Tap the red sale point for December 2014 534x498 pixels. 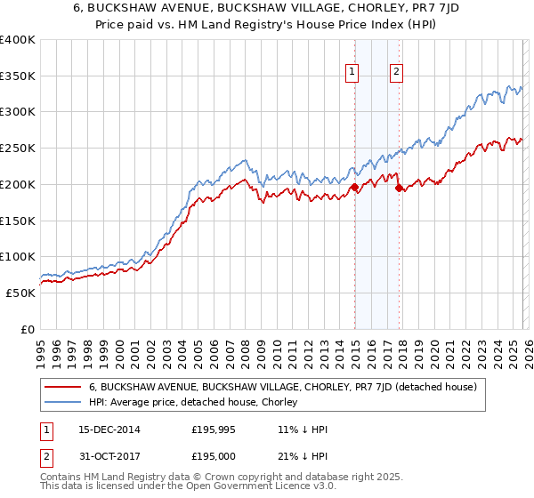point(354,188)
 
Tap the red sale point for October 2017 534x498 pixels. point(400,188)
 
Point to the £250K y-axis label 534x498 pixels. point(18,149)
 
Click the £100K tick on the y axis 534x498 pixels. point(18,257)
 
